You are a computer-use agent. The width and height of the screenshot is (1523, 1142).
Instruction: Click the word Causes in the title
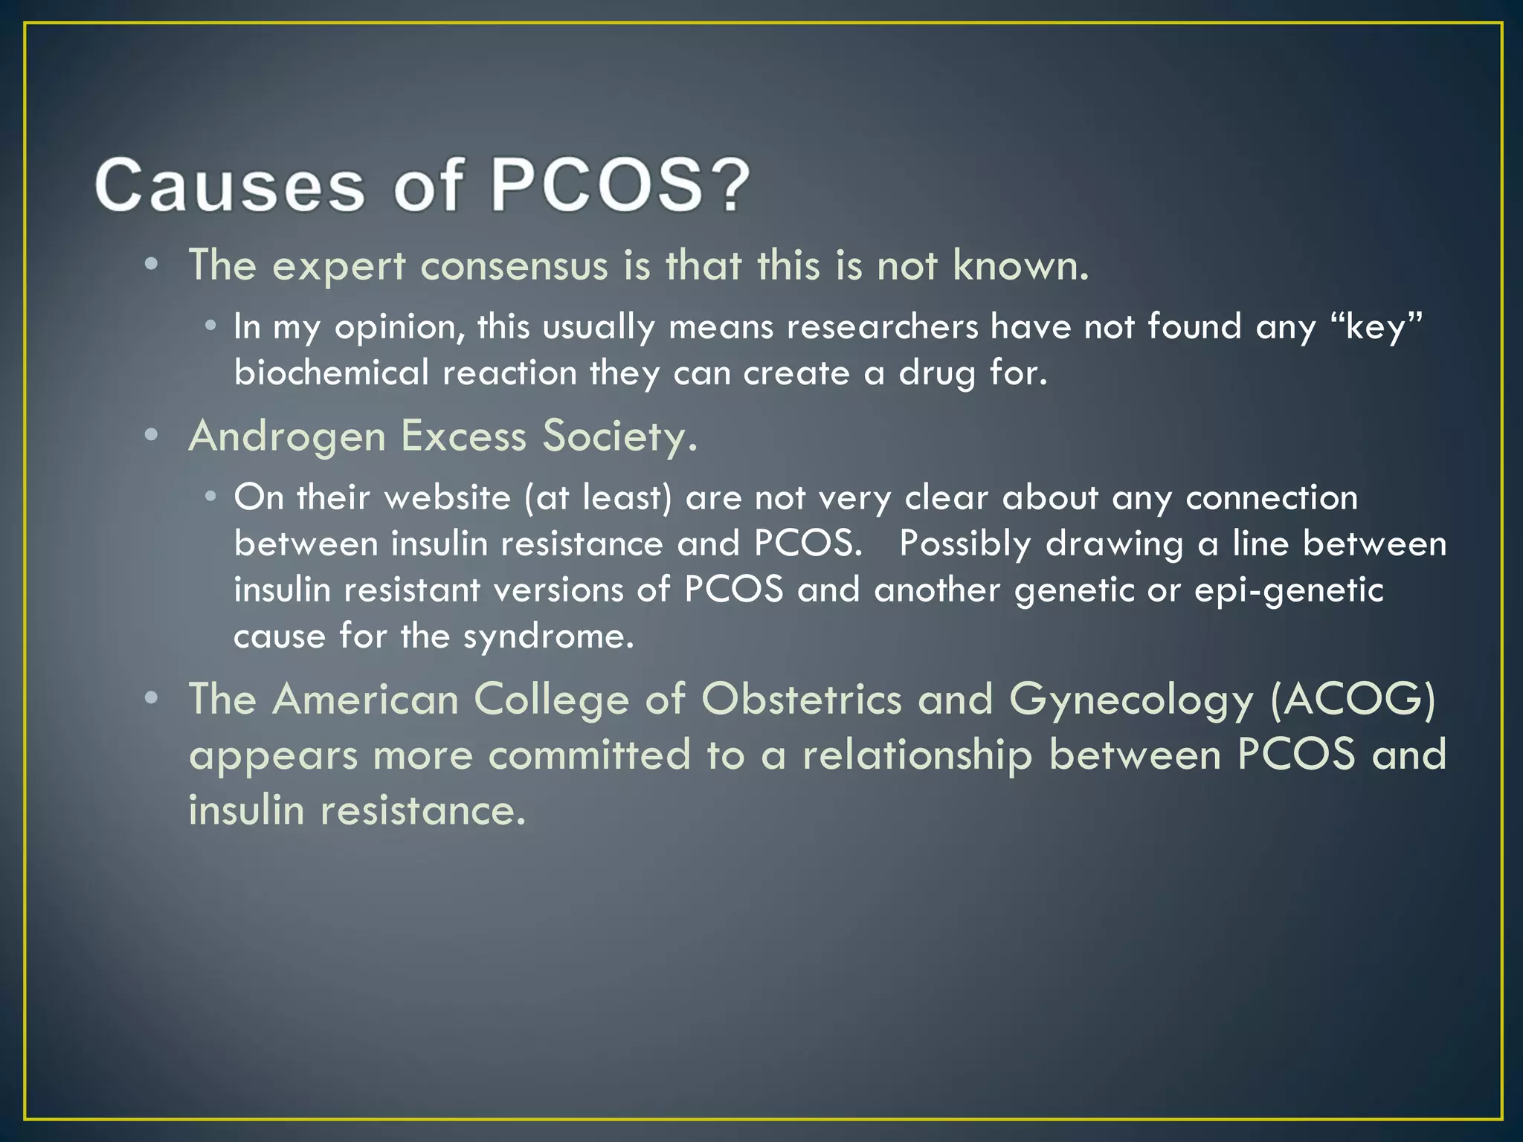pos(230,185)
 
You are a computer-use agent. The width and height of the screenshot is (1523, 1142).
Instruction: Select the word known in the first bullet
pos(1020,265)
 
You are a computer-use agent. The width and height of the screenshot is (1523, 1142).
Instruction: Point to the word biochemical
pos(331,372)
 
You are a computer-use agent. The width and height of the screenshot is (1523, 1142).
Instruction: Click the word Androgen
pos(287,436)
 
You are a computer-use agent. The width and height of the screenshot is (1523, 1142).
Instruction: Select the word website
pos(448,497)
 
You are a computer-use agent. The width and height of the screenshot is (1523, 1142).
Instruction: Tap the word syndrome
pos(548,636)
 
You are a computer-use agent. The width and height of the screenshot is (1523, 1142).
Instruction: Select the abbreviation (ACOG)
pos(1353,700)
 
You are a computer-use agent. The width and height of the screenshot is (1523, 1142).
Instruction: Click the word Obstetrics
pos(801,700)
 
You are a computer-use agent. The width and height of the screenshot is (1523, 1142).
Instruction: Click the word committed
pos(589,755)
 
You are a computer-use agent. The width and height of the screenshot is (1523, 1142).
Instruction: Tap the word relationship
pos(917,755)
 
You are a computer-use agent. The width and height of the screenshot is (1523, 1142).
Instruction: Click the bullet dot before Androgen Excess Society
pos(152,436)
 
